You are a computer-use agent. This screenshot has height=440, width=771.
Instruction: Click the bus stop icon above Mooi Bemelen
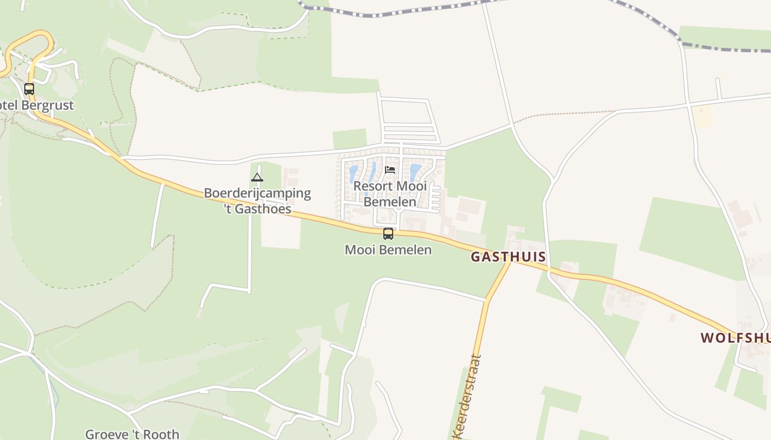(x=388, y=234)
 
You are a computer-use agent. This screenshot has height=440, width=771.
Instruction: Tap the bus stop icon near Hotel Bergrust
(x=29, y=89)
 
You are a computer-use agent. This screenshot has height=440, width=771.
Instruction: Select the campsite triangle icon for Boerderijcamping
(x=257, y=177)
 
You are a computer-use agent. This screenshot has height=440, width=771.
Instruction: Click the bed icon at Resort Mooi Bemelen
(x=390, y=169)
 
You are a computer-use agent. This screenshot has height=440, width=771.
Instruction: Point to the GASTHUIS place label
(x=508, y=257)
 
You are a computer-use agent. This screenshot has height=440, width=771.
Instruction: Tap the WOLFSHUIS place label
(x=735, y=337)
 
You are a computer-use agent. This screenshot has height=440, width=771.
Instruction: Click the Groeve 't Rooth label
(x=132, y=434)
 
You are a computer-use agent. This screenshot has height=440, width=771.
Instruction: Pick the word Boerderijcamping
(x=257, y=193)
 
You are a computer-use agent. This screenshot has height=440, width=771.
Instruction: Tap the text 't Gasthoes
(x=257, y=208)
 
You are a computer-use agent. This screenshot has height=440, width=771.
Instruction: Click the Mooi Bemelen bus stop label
(x=388, y=250)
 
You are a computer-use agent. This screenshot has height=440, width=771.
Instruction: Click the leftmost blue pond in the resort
(x=353, y=174)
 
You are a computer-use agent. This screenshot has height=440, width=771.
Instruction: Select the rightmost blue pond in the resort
(x=415, y=172)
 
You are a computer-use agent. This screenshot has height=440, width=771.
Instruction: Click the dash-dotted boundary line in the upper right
(x=727, y=50)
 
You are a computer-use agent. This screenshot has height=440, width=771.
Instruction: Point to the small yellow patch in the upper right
(x=703, y=117)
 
